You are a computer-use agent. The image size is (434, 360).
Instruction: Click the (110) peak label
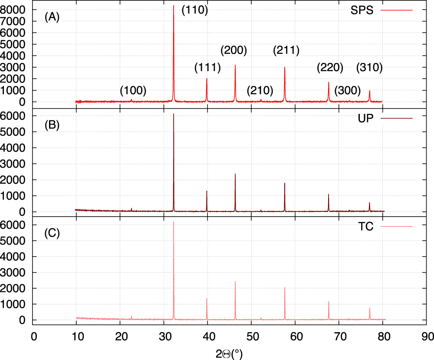[x=195, y=10]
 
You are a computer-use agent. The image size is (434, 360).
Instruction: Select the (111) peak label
[x=207, y=68]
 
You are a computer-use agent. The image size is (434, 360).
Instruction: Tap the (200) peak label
[x=234, y=50]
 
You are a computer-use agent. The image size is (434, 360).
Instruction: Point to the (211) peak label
[x=286, y=50]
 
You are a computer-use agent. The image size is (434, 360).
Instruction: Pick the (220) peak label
[x=330, y=68]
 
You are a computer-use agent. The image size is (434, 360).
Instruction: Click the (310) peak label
[x=369, y=68]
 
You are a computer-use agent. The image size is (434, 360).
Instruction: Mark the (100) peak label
[x=133, y=91]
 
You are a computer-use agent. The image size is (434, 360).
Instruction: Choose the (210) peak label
[x=260, y=91]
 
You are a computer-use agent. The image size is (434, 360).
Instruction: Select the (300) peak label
[x=348, y=91]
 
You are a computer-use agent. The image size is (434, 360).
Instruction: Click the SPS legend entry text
[x=362, y=11]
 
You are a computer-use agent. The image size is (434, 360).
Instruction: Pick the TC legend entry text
[x=366, y=227]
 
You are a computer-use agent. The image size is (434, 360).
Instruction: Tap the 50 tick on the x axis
[x=251, y=336]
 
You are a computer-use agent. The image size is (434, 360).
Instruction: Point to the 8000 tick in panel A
[x=13, y=10]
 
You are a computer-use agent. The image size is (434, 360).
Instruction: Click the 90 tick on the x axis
[x=427, y=336]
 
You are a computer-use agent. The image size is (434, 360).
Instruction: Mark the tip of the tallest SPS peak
[x=174, y=6]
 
